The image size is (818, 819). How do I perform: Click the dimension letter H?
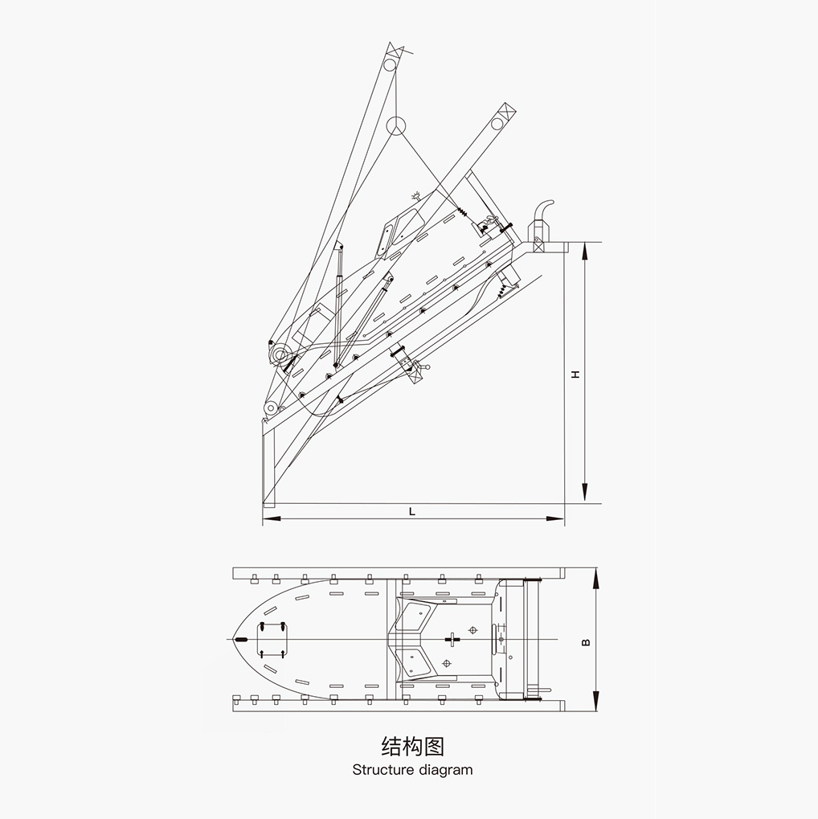[575, 374]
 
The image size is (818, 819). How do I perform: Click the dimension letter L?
[412, 511]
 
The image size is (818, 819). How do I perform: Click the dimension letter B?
[586, 642]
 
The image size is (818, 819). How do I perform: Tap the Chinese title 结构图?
[413, 747]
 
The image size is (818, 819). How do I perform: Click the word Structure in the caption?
[382, 770]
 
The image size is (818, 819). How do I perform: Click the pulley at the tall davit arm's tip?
[389, 65]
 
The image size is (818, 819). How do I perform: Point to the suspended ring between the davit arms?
[396, 125]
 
